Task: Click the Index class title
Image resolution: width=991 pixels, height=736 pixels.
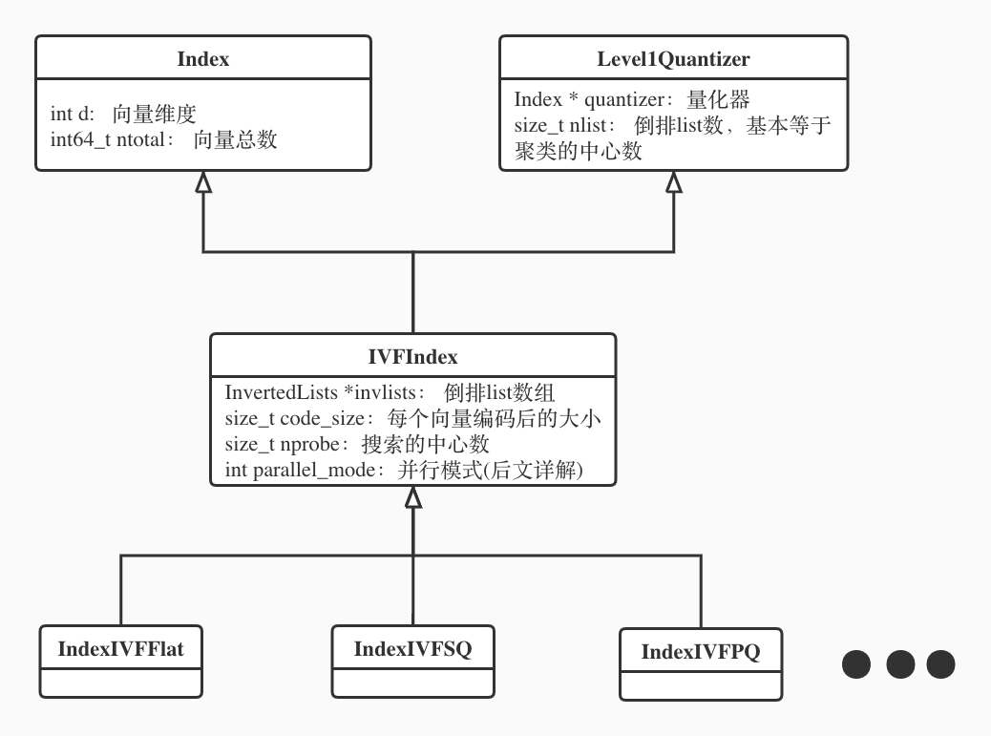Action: [x=203, y=59]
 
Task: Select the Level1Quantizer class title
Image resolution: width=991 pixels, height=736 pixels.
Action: [x=674, y=59]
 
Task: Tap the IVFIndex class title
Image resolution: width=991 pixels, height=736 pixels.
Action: [x=412, y=357]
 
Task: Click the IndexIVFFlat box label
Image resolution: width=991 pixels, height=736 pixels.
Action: [x=121, y=650]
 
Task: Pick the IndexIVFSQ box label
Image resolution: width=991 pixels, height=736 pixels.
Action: [x=412, y=649]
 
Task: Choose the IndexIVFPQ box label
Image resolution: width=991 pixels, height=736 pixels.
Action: [x=700, y=653]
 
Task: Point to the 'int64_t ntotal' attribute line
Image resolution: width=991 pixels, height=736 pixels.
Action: [x=163, y=139]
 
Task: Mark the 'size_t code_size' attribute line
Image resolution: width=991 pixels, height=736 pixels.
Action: [x=412, y=418]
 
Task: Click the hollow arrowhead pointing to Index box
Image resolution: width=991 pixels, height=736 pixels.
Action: [x=202, y=183]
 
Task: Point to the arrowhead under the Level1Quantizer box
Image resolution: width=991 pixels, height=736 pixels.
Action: [x=674, y=183]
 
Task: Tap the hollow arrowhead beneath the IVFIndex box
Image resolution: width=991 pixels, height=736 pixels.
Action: [x=412, y=496]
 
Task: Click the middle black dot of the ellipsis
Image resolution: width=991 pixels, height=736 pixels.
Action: [x=901, y=664]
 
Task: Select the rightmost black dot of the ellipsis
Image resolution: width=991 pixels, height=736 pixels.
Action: [x=941, y=664]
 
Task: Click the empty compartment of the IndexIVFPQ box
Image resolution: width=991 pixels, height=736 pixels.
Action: [x=700, y=685]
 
